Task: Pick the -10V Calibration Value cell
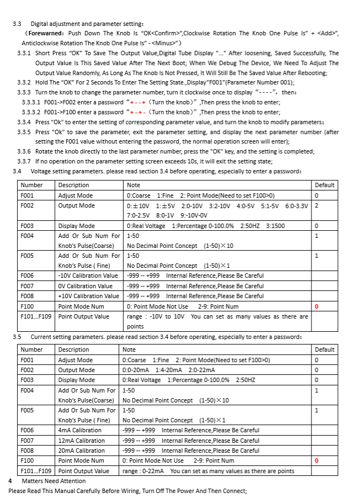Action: pos(88,276)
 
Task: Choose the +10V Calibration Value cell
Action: pos(88,296)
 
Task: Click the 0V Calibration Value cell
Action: pos(85,286)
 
